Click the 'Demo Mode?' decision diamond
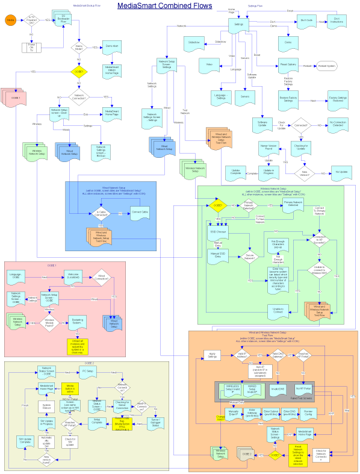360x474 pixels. coord(78,46)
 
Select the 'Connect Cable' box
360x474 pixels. coord(139,213)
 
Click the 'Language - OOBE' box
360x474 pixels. coord(17,276)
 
